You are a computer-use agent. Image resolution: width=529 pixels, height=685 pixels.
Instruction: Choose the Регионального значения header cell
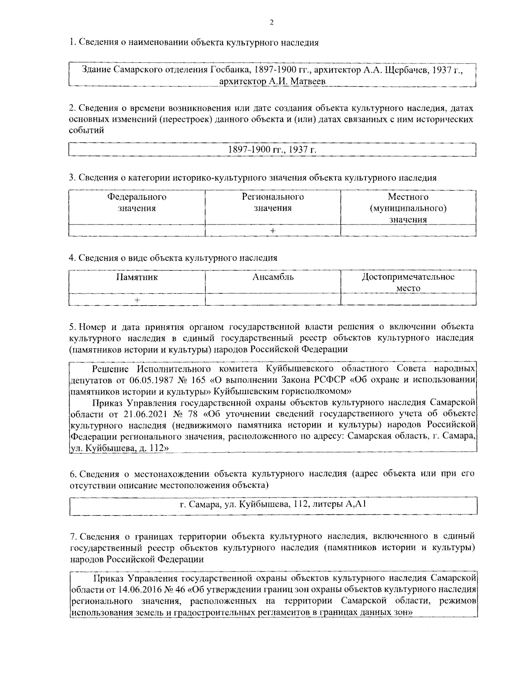coord(272,202)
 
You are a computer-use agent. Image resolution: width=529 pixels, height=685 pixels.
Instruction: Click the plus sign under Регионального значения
coord(273,231)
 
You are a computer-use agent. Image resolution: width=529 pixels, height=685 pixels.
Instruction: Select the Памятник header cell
coord(137,277)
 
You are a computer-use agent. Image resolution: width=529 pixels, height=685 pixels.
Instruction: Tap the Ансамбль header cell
coord(273,277)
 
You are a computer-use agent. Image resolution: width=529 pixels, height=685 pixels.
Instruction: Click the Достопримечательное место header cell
coord(408,282)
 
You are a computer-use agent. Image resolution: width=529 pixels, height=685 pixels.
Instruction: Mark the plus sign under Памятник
coord(137,299)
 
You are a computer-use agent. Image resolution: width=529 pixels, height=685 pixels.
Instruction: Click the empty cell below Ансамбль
coord(273,299)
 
